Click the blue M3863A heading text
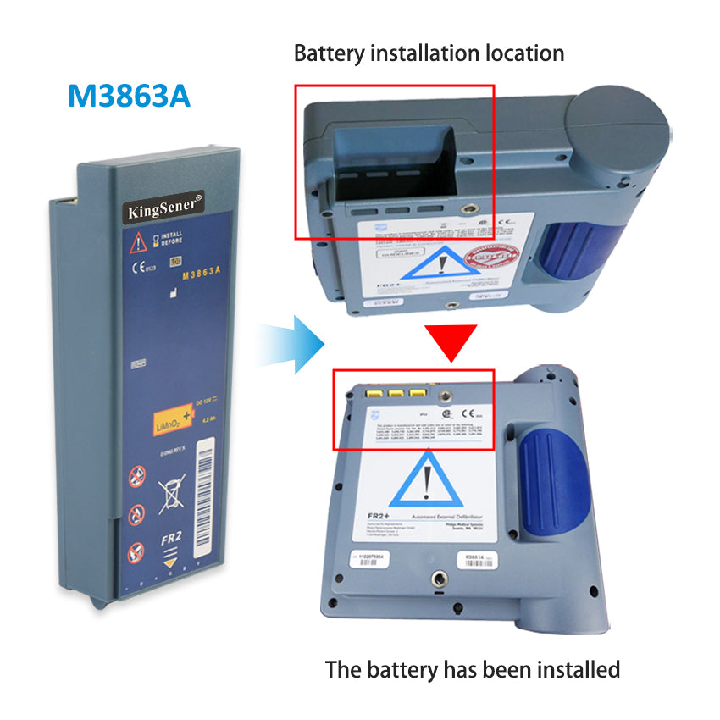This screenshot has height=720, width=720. tap(129, 95)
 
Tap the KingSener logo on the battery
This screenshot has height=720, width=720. tap(163, 206)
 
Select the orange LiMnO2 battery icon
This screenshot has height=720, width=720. tap(175, 418)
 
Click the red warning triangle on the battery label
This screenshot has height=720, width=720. tap(137, 243)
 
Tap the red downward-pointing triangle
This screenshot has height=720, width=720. tap(451, 341)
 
